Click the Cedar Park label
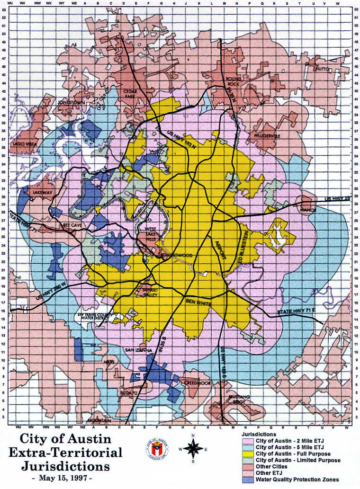point(129,94)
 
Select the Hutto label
point(324,69)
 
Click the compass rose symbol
point(193,447)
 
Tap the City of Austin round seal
point(157,449)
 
